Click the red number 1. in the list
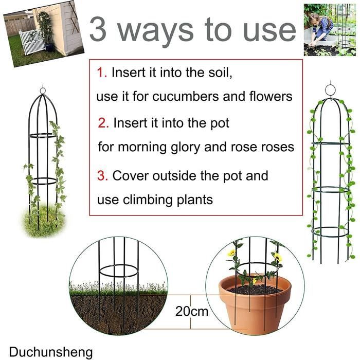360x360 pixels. point(102,73)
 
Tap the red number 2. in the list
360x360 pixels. point(103,123)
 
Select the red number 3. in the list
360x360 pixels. point(102,176)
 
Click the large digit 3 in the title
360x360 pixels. point(98,29)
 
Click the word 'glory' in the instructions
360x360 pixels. point(186,148)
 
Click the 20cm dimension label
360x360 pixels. point(192,312)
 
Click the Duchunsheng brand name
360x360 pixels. point(51,352)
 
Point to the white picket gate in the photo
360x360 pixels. point(32,42)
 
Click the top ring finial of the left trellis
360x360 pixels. point(43,90)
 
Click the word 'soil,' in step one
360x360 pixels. point(221,73)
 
